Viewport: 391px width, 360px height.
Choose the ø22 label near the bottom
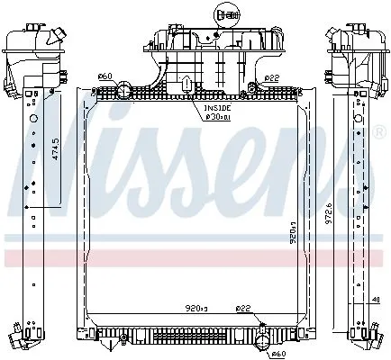pyautogui.click(x=242, y=310)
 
